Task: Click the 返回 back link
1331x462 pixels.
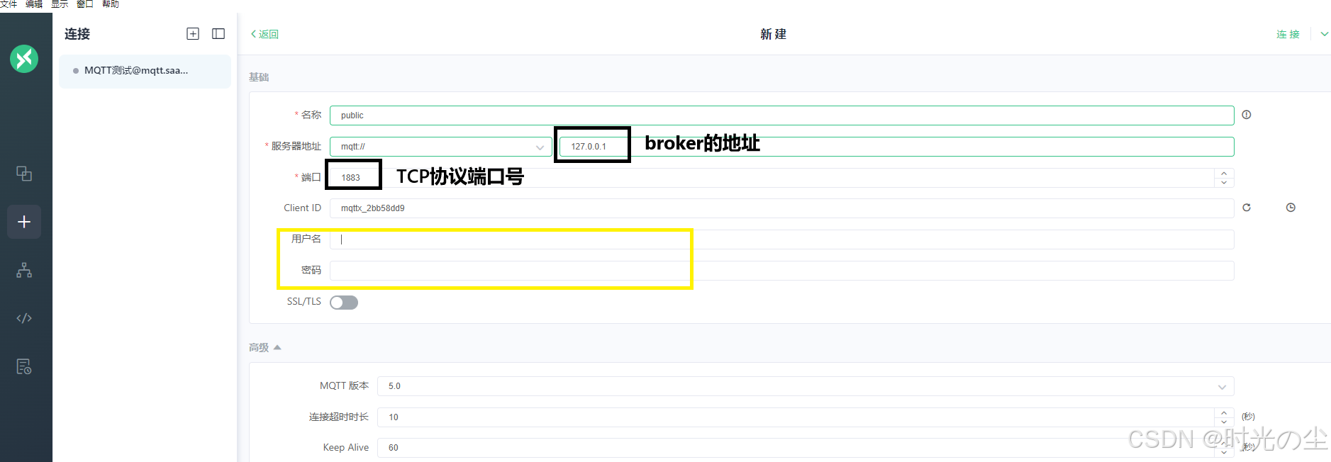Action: coord(265,34)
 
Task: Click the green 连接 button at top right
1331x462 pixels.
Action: coord(1288,34)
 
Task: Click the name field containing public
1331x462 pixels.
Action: coord(780,115)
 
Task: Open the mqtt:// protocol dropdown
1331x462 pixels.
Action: coord(440,147)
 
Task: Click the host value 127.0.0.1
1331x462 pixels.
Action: coord(589,147)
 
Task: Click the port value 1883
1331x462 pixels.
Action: coord(351,178)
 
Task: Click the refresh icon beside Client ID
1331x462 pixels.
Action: coord(1247,208)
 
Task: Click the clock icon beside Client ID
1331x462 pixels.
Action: coord(1291,208)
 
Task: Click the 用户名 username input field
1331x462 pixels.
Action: coord(780,240)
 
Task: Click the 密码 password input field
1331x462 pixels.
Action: coord(780,271)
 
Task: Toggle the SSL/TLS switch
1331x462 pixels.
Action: coord(344,303)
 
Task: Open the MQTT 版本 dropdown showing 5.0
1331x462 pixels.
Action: coord(805,386)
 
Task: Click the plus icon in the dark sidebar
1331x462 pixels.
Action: coord(24,222)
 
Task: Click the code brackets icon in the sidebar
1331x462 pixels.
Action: coord(24,318)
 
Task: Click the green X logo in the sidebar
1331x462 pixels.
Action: coord(24,59)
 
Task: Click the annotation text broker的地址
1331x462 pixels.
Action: coord(702,144)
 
